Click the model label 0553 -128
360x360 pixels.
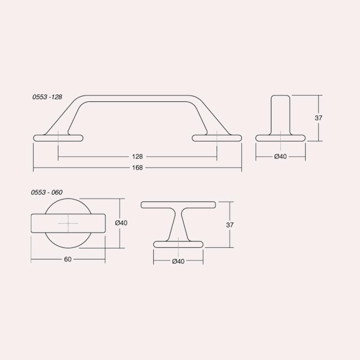coord(47,97)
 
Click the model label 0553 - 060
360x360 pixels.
coord(47,192)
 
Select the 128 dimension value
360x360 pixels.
coord(137,157)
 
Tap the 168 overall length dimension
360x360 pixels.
coord(137,167)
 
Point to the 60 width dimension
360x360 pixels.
coord(68,259)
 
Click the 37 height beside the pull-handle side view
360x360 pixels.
coord(319,118)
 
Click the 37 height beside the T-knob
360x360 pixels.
coord(229,225)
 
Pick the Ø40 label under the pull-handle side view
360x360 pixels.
coord(280,157)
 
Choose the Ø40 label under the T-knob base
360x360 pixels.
coord(178,261)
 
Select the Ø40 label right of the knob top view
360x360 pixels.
coord(121,223)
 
